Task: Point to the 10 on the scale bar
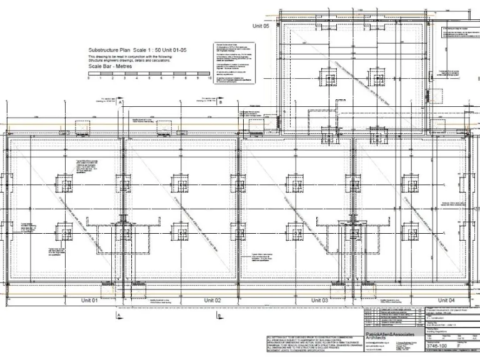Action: (210, 79)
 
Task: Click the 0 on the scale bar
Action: (89, 79)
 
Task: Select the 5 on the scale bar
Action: (149, 79)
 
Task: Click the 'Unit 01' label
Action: (89, 301)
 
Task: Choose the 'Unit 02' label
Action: (213, 301)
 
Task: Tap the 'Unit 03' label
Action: (320, 301)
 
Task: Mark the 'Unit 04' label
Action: (447, 301)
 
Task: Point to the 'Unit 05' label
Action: (261, 26)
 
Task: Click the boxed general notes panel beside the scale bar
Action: (236, 63)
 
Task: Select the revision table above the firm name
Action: (394, 317)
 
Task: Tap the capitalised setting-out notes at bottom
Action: (309, 345)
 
